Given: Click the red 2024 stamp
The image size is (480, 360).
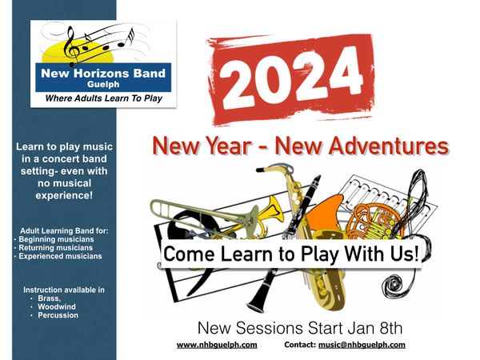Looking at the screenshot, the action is tap(291, 79).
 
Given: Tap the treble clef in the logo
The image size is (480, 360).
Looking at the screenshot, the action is tap(72, 46).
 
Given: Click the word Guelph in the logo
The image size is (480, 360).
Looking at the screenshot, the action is tap(103, 85).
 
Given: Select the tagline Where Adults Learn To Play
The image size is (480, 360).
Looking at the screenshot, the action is tap(103, 98).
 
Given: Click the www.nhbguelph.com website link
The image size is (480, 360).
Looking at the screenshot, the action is tap(217, 345).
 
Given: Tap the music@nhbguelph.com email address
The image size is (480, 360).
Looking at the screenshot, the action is tap(362, 345).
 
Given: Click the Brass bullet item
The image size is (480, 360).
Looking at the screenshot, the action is tap(50, 298).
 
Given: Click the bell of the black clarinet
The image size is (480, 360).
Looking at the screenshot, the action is tap(257, 304).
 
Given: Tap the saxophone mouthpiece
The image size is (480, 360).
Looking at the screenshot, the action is tap(262, 170).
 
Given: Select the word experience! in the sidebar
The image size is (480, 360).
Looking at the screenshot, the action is tap(64, 196).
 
